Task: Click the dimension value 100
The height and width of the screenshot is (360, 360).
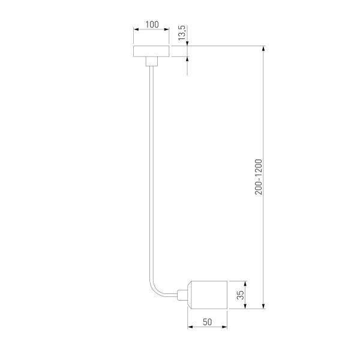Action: (x=152, y=25)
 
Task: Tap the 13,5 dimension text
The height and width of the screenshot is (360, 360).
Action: (x=182, y=34)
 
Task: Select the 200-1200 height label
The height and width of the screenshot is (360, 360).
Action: (x=258, y=176)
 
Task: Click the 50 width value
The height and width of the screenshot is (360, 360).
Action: (x=208, y=322)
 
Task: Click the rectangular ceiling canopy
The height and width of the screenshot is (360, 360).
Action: (x=152, y=50)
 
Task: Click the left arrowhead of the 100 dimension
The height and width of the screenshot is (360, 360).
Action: (x=135, y=30)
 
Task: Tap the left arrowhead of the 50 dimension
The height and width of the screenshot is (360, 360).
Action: (x=190, y=328)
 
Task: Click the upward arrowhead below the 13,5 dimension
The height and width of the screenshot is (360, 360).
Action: (x=188, y=59)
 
